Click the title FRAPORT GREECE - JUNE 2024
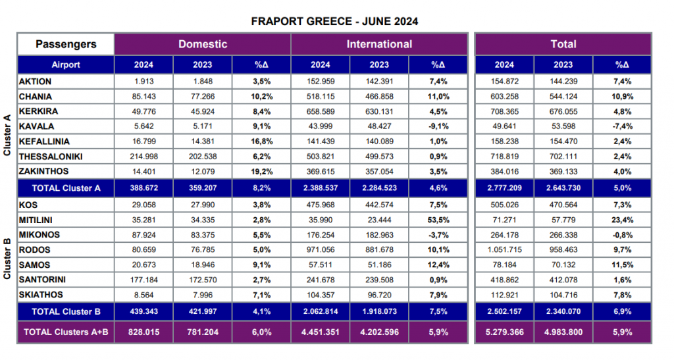coord(334,22)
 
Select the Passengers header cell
coord(66,44)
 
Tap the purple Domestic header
coord(203,44)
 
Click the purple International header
coord(379,44)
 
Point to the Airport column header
coord(66,65)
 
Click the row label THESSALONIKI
coord(51,157)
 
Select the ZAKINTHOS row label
coord(43,171)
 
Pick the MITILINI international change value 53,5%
coord(438,220)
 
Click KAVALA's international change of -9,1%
coord(438,126)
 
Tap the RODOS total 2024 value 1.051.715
coord(505,249)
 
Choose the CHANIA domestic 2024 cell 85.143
coord(143,97)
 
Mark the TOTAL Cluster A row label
coord(66,188)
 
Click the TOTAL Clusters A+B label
coord(66,332)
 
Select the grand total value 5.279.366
coord(505,332)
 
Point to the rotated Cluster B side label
coord(7,259)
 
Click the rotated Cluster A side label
coord(7,135)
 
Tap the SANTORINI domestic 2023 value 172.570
coord(203,280)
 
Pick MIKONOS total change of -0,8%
coord(623,235)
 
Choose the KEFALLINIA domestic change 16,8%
coord(262,141)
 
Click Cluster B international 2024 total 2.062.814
coord(321,311)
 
